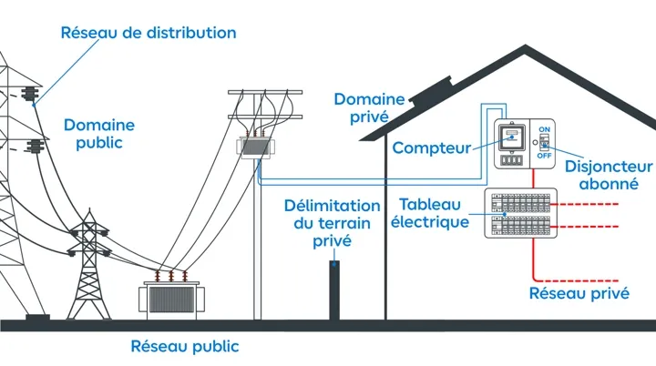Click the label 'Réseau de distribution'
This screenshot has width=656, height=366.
[148, 34]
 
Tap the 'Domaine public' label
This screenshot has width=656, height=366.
[98, 133]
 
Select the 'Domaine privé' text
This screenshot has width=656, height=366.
[362, 107]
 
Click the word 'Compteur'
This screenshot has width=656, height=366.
[432, 147]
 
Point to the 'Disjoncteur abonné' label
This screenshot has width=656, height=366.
[609, 175]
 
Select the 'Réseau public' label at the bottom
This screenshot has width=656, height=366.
[185, 346]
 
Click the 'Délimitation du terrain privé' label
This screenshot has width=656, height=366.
[332, 223]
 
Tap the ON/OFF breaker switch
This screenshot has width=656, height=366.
[545, 143]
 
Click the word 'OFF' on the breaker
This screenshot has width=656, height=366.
[545, 156]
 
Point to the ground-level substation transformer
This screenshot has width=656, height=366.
[172, 297]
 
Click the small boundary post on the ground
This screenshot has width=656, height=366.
[335, 290]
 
